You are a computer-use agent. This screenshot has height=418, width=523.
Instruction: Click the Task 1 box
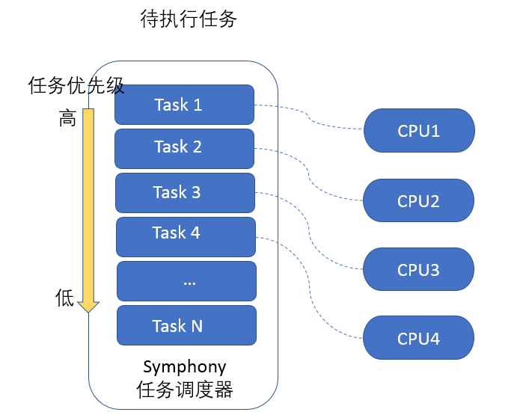coord(185,105)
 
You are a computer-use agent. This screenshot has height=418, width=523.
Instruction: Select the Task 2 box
coord(185,148)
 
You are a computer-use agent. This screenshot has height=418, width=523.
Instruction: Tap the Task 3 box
coord(185,193)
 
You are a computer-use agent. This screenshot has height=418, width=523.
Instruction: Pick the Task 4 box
coord(186,234)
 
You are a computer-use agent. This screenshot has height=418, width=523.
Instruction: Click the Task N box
coord(186,325)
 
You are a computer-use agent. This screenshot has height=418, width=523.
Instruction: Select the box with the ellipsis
coord(186,281)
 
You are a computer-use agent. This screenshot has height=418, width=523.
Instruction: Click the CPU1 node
coord(419,131)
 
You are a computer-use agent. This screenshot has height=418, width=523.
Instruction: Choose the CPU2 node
coord(419,201)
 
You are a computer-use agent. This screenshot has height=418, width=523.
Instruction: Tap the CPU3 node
coord(419,270)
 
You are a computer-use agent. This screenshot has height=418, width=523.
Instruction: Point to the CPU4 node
coord(419,339)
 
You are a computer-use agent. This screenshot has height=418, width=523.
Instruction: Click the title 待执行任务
coord(188,19)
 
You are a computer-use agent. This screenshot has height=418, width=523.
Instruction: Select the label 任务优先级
coord(75,86)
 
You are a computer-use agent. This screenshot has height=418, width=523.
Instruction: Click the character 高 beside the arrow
coord(67,118)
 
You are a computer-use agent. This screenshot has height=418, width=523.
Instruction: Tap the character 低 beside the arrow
coord(66,298)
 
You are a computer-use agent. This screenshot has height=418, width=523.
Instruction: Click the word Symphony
coord(184,367)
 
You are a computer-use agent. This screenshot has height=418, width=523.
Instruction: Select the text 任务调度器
coord(184,390)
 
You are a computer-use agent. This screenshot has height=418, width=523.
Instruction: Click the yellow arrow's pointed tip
coord(88,309)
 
